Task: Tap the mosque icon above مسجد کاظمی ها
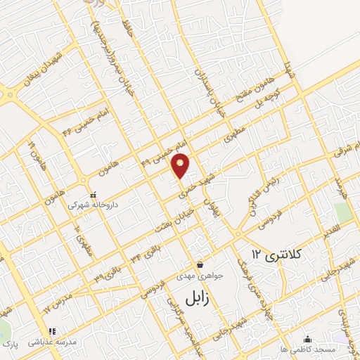[307, 340]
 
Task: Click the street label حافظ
[127, 29]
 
